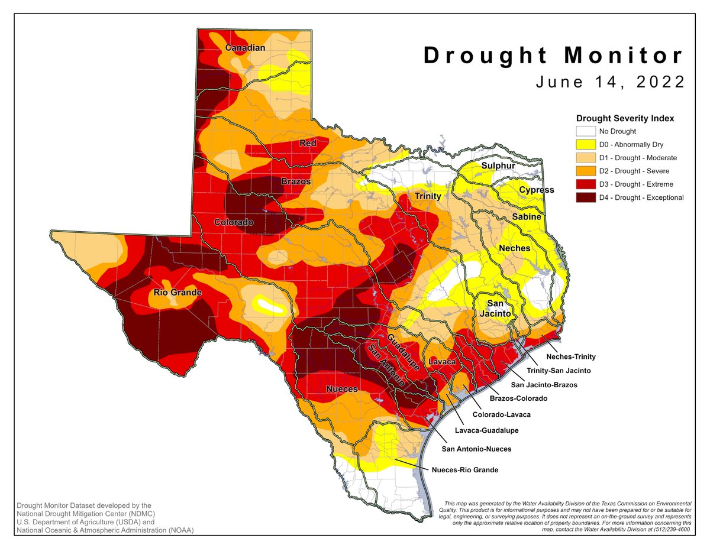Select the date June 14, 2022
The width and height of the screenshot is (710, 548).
coord(610,82)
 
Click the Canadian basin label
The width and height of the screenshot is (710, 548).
coord(244,47)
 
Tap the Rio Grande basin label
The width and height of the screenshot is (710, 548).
coord(178,293)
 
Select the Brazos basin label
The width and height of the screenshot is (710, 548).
coord(295,181)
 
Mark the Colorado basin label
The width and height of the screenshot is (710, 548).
coord(234,222)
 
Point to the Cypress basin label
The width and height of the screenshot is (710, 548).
coord(536,190)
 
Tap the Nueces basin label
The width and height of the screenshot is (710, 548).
coord(341,388)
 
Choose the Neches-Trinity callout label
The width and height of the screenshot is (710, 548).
coord(570,356)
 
